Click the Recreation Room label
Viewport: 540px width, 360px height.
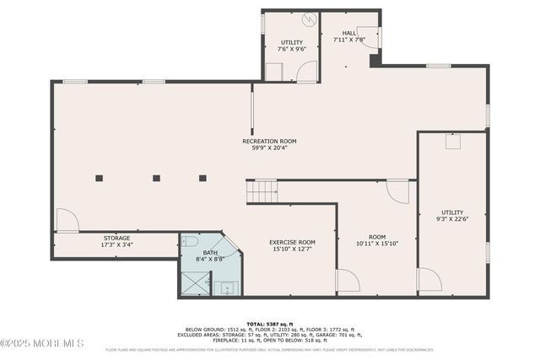pos(269,141)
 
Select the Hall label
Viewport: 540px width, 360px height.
pos(348,33)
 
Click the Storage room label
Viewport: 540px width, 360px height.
pos(116,238)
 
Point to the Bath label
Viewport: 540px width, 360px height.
pos(209,252)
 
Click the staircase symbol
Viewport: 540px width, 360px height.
pos(263,192)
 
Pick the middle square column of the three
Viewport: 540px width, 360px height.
pos(156,178)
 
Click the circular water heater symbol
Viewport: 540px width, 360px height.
pos(309,19)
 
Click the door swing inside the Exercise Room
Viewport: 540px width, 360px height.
pos(347,281)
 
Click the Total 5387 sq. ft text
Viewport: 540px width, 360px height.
pos(269,324)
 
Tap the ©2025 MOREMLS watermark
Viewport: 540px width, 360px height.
pos(42,343)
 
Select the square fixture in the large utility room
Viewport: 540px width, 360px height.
pos(452,142)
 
